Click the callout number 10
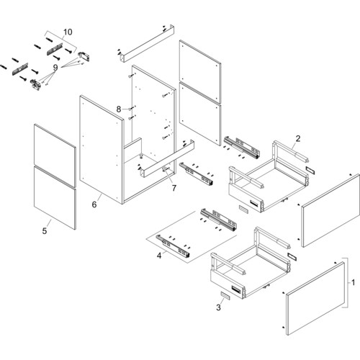pos(68,32)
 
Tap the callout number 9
pos(55,68)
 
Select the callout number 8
pos(119,109)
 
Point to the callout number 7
pos(174,188)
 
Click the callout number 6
pos(94,204)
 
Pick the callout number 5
pos(45,231)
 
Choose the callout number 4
pos(159,256)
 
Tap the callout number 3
pos(218,307)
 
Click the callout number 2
pos(298,138)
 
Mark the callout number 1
pos(353,282)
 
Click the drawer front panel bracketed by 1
pos(315,298)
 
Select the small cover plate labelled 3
pos(225,296)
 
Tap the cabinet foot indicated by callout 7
pos(165,169)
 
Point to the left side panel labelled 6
pos(102,149)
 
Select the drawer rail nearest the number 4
pos(173,246)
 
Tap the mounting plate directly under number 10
pos(55,49)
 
